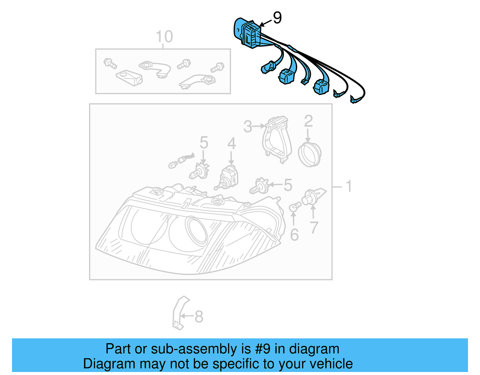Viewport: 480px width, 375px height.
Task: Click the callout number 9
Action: click(277, 18)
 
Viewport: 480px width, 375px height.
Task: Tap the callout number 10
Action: click(164, 37)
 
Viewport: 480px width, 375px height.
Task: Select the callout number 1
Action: click(349, 186)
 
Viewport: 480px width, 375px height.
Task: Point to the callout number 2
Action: click(308, 121)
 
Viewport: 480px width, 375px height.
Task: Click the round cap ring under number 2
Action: click(310, 154)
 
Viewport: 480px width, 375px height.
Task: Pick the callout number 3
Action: click(247, 126)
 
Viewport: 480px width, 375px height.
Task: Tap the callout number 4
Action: click(232, 144)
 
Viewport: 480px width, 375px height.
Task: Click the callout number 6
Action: click(294, 235)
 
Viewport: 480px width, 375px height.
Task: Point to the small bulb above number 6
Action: click(295, 207)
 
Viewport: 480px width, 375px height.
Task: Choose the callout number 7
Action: click(314, 228)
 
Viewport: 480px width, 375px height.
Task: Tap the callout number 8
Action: click(199, 316)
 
